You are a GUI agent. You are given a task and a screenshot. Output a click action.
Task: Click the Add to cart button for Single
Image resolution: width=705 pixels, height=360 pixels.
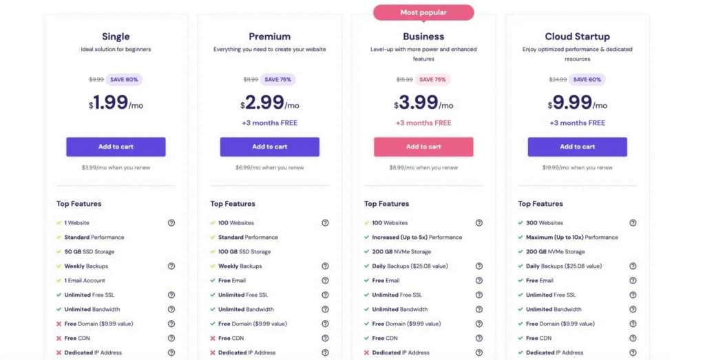116,147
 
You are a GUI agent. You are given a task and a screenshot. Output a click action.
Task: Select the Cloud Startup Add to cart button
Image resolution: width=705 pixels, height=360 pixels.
577,147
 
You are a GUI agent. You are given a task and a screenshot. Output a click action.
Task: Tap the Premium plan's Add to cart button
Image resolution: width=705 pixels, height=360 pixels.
269,147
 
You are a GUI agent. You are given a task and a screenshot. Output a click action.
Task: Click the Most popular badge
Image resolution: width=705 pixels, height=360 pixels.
423,12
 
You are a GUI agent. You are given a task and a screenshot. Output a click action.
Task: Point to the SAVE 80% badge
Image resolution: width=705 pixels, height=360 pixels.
124,79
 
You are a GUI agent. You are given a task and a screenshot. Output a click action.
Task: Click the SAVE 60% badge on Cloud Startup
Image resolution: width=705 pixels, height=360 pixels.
587,79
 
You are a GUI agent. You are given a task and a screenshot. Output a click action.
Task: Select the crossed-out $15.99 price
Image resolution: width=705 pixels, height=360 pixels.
405,79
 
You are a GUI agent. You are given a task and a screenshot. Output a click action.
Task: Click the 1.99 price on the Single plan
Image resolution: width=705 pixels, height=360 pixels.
111,103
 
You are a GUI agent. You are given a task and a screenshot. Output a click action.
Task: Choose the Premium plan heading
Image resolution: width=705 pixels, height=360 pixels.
269,36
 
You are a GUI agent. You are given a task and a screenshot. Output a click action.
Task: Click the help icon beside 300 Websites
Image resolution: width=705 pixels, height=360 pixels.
633,223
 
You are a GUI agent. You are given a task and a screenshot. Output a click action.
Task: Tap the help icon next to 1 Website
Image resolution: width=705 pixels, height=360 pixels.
171,223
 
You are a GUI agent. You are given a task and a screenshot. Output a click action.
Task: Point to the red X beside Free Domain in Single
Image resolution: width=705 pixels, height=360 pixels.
59,324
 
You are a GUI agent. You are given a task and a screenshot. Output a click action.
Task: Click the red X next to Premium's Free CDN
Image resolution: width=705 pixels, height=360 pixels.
213,338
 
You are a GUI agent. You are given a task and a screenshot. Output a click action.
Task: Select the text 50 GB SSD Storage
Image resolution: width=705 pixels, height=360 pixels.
90,252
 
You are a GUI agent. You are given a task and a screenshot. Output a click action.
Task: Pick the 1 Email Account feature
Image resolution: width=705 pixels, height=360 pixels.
86,281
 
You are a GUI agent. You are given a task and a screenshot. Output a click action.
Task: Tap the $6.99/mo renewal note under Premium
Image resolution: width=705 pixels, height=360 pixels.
269,167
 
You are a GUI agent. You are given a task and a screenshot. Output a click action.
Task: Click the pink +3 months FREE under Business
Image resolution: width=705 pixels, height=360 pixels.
423,123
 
